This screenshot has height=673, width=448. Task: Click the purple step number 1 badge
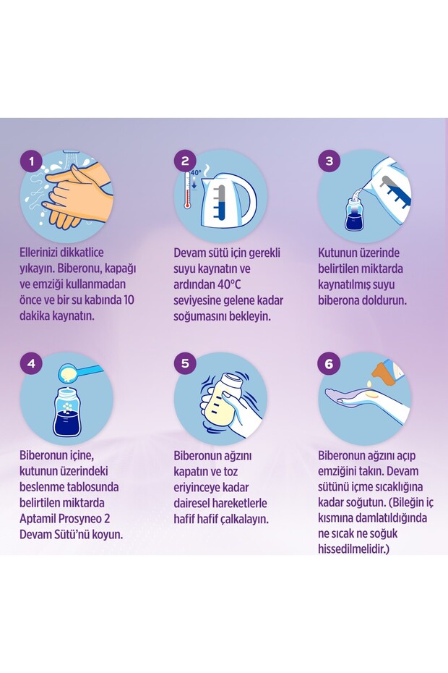[31, 161]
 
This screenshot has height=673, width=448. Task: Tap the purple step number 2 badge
[185, 161]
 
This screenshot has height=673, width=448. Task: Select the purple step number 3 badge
[329, 161]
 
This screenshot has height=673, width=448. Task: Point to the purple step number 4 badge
[31, 363]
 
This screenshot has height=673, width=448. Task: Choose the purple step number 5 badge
[185, 363]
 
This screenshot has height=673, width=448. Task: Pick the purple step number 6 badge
[329, 364]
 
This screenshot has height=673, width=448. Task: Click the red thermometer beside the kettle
[187, 191]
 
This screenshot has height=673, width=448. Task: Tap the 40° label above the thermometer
[196, 172]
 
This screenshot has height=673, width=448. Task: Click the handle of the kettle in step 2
[247, 200]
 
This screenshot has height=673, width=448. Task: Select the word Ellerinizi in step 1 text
[38, 253]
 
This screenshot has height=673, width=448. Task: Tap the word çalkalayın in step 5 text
[244, 520]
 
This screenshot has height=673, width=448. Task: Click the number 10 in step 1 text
[129, 300]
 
